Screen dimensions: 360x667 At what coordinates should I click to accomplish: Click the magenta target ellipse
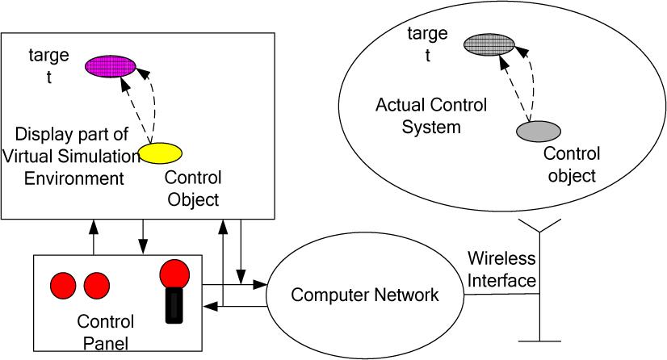point(111,66)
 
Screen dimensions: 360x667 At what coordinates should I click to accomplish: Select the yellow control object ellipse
point(160,153)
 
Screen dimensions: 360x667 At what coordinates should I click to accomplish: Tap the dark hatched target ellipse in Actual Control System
point(487,44)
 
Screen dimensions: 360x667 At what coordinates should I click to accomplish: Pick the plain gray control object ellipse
point(537,129)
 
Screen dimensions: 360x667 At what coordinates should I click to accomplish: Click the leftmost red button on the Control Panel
point(63,284)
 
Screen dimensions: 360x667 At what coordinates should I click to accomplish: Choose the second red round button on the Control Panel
point(96,284)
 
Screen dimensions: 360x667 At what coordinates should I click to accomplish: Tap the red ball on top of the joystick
point(173,273)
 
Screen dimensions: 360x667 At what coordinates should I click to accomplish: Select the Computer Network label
point(364,295)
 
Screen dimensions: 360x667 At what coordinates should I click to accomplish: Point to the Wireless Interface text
point(501,270)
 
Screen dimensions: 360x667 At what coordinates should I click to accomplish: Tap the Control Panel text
point(105,333)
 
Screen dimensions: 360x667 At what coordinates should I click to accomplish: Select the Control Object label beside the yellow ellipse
point(193,186)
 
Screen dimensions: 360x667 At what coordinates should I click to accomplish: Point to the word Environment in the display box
point(73,178)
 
